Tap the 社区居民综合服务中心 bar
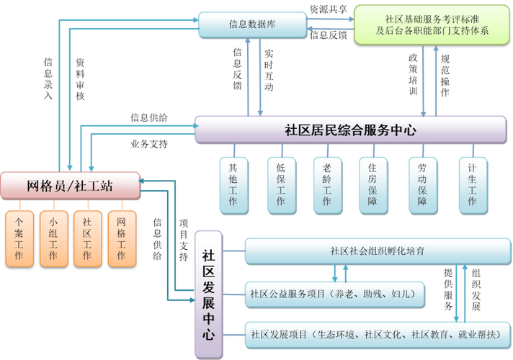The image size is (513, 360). (350, 130)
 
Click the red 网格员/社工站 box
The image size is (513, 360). (70, 186)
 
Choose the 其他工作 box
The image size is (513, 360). (233, 184)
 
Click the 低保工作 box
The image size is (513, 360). (280, 184)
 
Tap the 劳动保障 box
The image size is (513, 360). (422, 184)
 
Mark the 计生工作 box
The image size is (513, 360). (472, 184)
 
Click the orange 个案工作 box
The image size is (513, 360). (19, 238)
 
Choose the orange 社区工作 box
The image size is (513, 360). (87, 238)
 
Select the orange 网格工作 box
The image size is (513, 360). (121, 238)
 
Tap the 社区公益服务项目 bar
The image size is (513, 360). (334, 293)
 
